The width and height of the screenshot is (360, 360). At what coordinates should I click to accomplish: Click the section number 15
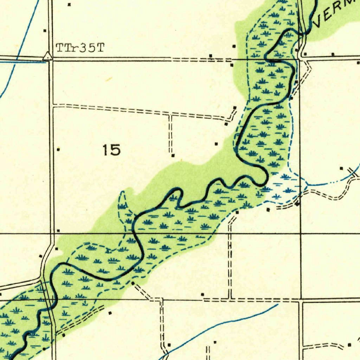coord(112,150)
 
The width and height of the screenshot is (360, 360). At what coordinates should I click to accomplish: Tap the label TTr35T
coord(80,48)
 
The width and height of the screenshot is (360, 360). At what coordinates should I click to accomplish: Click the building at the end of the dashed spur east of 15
coord(173,155)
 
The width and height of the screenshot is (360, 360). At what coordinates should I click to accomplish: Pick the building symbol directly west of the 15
coord(58,149)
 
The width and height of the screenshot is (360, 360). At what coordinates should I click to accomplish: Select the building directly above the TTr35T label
coord(69,5)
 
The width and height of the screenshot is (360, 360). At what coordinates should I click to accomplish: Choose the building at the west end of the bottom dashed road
coord(202,294)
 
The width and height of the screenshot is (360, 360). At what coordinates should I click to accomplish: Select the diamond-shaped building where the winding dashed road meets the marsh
coord(298,204)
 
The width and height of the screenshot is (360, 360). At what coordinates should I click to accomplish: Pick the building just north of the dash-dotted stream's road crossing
coord(341,169)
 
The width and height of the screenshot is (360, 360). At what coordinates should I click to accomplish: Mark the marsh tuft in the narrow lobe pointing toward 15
coord(123,206)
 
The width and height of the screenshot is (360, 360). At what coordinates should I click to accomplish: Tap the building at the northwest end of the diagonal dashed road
coord(133,283)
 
